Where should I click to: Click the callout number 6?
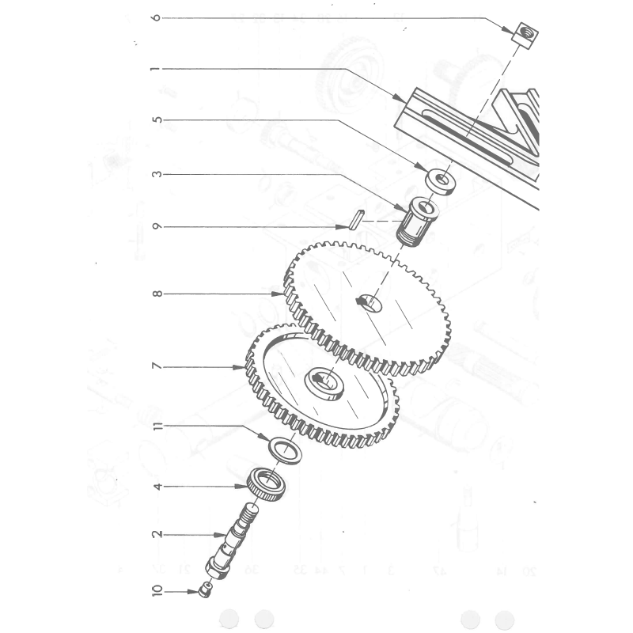point(157,17)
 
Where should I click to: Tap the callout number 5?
point(157,120)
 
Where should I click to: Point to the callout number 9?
point(157,226)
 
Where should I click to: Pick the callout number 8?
point(157,294)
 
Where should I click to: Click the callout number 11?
point(157,426)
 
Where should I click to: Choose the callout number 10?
point(157,590)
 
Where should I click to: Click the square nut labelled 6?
point(525,36)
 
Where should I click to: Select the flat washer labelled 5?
point(441,181)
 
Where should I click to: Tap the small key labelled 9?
point(357,220)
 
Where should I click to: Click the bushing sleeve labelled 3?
point(417,222)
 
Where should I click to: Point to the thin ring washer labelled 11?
point(285,451)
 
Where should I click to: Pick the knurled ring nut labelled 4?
point(266,484)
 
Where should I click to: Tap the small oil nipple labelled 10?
point(206,589)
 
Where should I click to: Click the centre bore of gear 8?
point(370,303)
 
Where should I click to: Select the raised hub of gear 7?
point(324,384)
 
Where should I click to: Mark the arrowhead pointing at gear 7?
point(239,367)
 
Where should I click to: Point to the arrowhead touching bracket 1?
point(401,98)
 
